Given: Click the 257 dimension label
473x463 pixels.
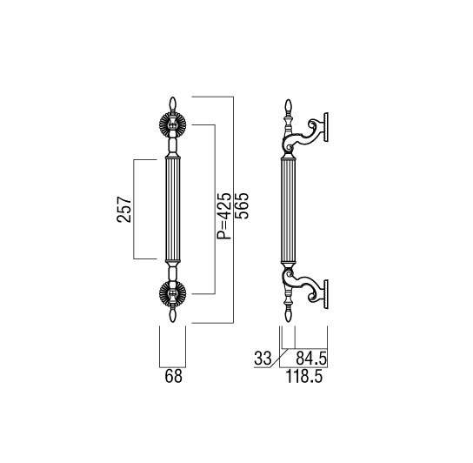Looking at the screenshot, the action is pos(124,209).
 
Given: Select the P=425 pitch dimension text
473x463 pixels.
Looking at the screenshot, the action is pos(224,215).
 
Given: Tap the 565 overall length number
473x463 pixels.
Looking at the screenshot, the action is pos(243,205).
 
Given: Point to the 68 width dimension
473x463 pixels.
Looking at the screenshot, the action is pos(173,376).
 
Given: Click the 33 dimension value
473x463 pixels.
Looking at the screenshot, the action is pos(263,359).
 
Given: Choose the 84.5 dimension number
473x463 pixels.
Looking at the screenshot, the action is pos(311,359).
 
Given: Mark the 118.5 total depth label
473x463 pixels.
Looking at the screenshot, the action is pos(303,376).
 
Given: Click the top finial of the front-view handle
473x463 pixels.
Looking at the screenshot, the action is pos(172,104).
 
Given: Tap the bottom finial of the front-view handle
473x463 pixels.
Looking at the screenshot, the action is pos(172,315).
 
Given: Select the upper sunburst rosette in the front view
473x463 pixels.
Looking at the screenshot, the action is pos(172,124).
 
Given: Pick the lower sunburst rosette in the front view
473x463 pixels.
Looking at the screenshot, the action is pos(172,294).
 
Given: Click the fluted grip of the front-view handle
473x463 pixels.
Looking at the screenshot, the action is pos(173,209).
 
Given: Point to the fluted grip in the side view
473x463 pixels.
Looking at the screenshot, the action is pos(288,209).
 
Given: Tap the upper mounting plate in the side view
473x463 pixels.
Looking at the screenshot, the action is pos(326,127).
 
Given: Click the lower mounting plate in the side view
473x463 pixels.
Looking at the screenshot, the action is pos(326,294).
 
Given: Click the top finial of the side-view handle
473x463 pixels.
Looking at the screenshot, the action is pos(289,106).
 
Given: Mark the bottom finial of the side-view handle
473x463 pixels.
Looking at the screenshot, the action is pos(289,314).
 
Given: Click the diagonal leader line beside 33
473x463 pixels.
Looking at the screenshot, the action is pos(280,359).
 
